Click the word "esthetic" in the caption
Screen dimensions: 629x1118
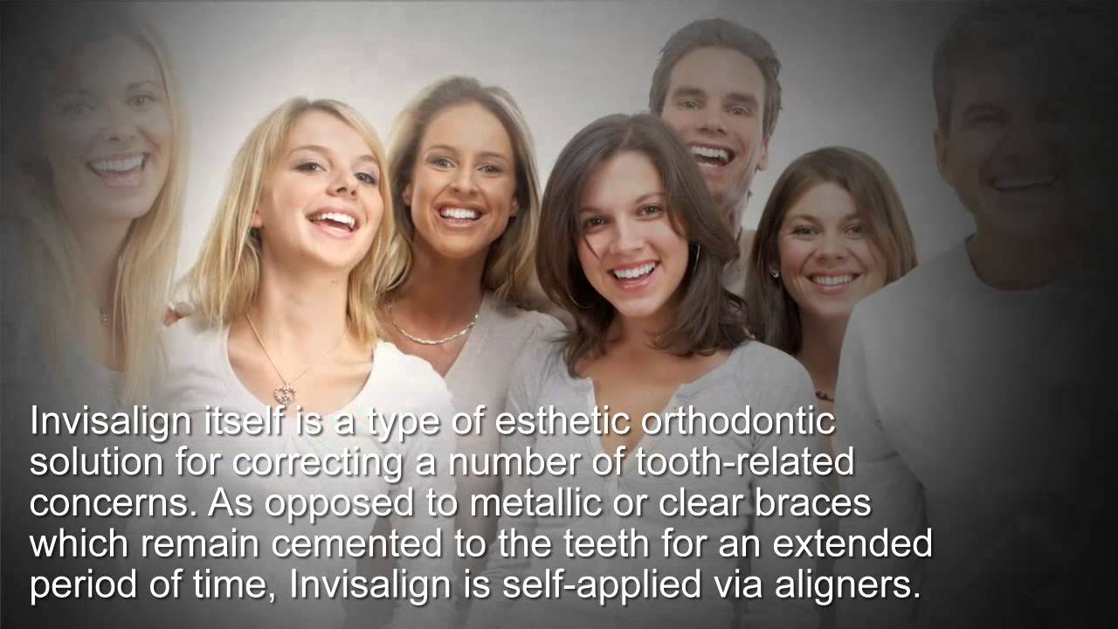click(562, 421)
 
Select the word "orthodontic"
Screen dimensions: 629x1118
click(738, 421)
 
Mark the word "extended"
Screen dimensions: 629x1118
click(853, 544)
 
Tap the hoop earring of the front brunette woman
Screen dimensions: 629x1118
click(695, 259)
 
